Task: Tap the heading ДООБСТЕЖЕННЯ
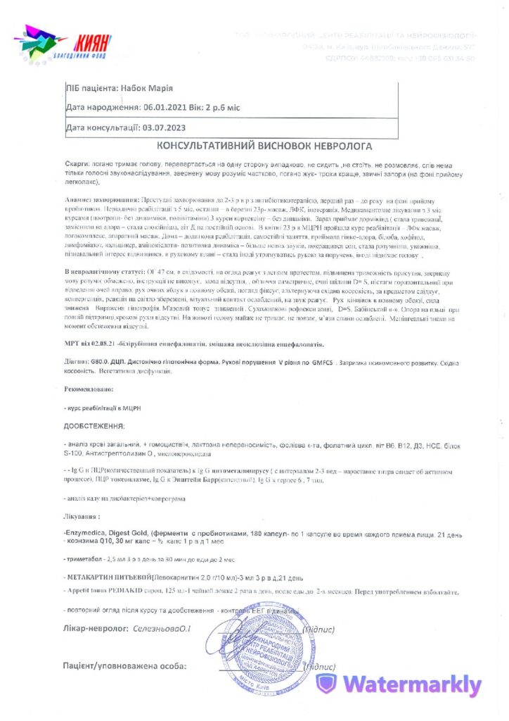tap(94, 426)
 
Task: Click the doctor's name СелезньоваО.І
tap(161, 627)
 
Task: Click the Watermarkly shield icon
tap(326, 684)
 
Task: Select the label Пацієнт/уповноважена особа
tap(124, 665)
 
